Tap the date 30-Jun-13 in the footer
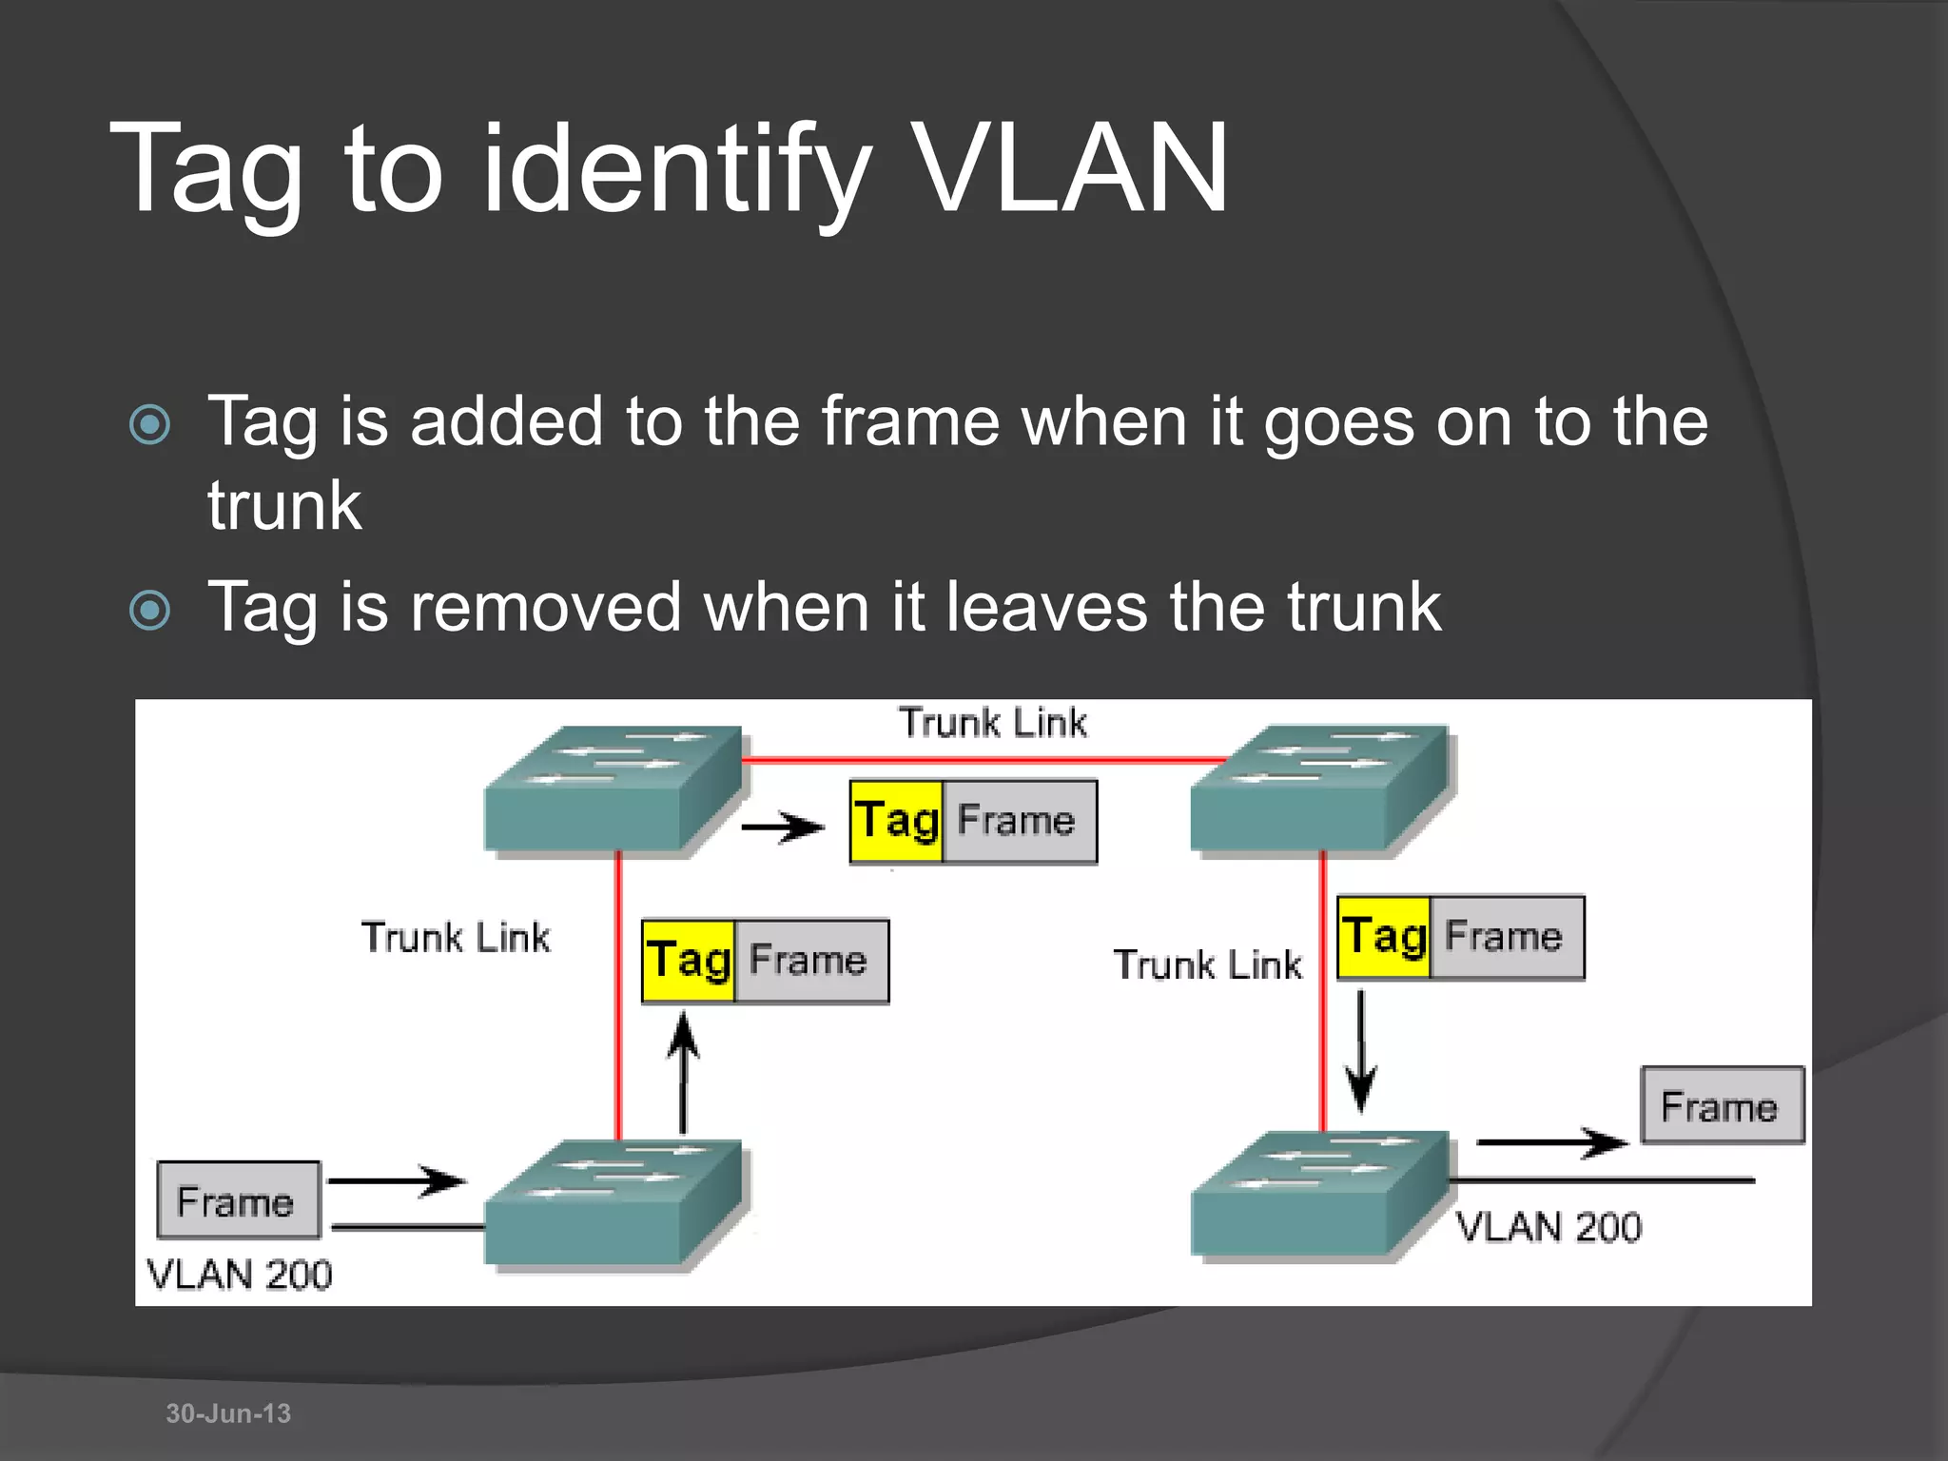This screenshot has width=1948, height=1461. [228, 1413]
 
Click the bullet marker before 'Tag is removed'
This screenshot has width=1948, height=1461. [150, 610]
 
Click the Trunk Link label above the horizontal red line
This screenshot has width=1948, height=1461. [992, 723]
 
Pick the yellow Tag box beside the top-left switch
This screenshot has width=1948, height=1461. [896, 822]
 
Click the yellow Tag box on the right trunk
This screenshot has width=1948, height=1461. [1384, 938]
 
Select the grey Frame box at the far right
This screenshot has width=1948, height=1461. [1722, 1106]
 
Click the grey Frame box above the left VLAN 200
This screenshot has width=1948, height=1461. [238, 1200]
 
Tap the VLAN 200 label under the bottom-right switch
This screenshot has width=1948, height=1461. [1549, 1228]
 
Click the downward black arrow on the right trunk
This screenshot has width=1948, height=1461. [1361, 1051]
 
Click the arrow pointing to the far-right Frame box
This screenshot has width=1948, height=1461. [1550, 1142]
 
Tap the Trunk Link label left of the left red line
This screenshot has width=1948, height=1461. [456, 938]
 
